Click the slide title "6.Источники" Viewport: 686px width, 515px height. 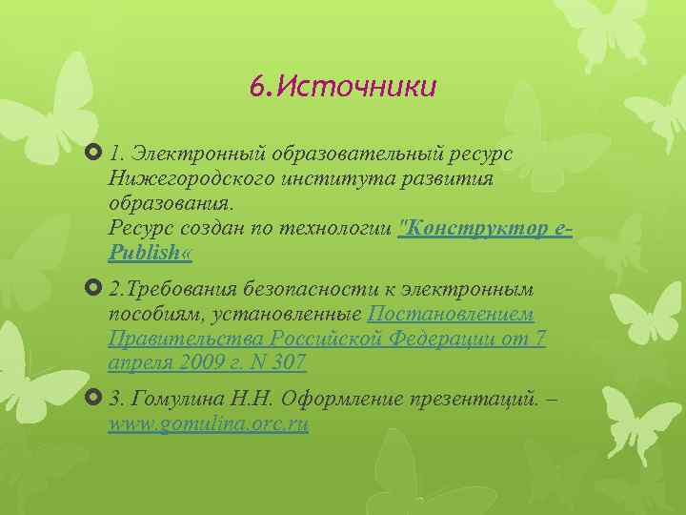click(342, 87)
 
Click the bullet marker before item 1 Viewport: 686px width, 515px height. click(92, 153)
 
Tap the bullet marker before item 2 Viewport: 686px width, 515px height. click(92, 288)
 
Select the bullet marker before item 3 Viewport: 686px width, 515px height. click(92, 398)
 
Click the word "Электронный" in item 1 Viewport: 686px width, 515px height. click(200, 154)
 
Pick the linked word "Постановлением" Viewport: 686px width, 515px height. click(451, 314)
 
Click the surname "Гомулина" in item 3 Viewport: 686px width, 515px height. click(175, 399)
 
